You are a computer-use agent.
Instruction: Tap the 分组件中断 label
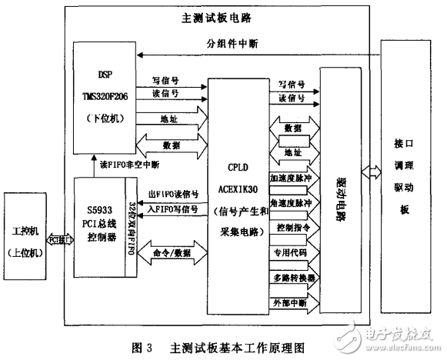coord(238,43)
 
